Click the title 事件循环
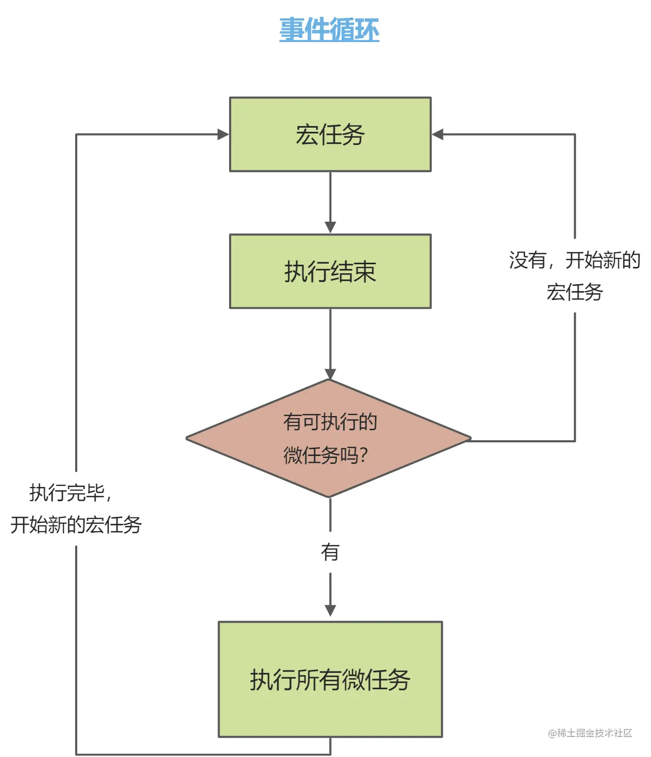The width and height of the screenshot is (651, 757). pyautogui.click(x=329, y=29)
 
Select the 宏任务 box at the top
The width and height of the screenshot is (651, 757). pyautogui.click(x=330, y=134)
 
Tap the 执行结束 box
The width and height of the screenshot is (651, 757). pyautogui.click(x=330, y=271)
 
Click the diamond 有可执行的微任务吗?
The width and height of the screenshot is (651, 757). pyautogui.click(x=329, y=438)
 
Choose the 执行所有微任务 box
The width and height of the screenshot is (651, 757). pyautogui.click(x=330, y=679)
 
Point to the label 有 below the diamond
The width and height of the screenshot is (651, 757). pyautogui.click(x=330, y=552)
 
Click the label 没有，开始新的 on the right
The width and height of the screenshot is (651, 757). pyautogui.click(x=574, y=260)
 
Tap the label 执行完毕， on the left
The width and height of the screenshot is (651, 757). pyautogui.click(x=70, y=493)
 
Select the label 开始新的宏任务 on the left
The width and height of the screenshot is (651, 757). pyautogui.click(x=76, y=525)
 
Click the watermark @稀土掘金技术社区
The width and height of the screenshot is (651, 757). pyautogui.click(x=590, y=733)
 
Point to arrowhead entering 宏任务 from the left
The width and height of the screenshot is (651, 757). pyautogui.click(x=223, y=134)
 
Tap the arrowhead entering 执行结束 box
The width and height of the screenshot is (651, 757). pyautogui.click(x=330, y=227)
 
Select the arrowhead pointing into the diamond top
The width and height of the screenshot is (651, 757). pyautogui.click(x=330, y=374)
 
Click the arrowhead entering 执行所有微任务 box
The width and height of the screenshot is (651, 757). pyautogui.click(x=330, y=610)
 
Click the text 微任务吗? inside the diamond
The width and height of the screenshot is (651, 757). pyautogui.click(x=326, y=455)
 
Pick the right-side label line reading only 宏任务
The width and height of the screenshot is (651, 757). pyautogui.click(x=574, y=292)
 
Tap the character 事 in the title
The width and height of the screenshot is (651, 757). pyautogui.click(x=292, y=29)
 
